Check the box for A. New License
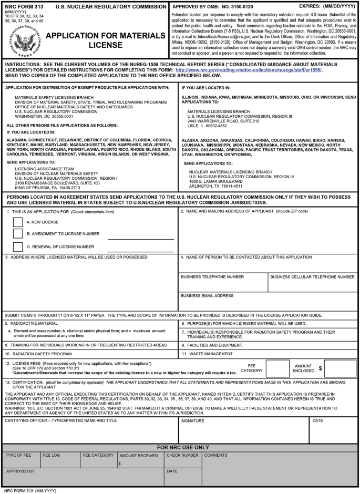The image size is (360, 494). pos(17,222)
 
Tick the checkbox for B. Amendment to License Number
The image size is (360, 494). pos(17,234)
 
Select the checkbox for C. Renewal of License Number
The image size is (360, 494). pos(17,246)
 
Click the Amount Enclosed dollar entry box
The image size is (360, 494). pos(340,368)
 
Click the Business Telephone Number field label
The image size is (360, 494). pos(212,276)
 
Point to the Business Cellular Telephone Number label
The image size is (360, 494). pos(312,276)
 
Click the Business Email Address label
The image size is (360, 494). pos(207,296)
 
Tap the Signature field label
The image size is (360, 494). pos(192,420)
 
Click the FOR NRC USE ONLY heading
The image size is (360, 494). pos(180,447)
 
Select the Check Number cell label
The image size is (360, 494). pos(182,455)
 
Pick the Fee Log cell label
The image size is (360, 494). pos(52,455)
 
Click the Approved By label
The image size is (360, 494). pos(20,471)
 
